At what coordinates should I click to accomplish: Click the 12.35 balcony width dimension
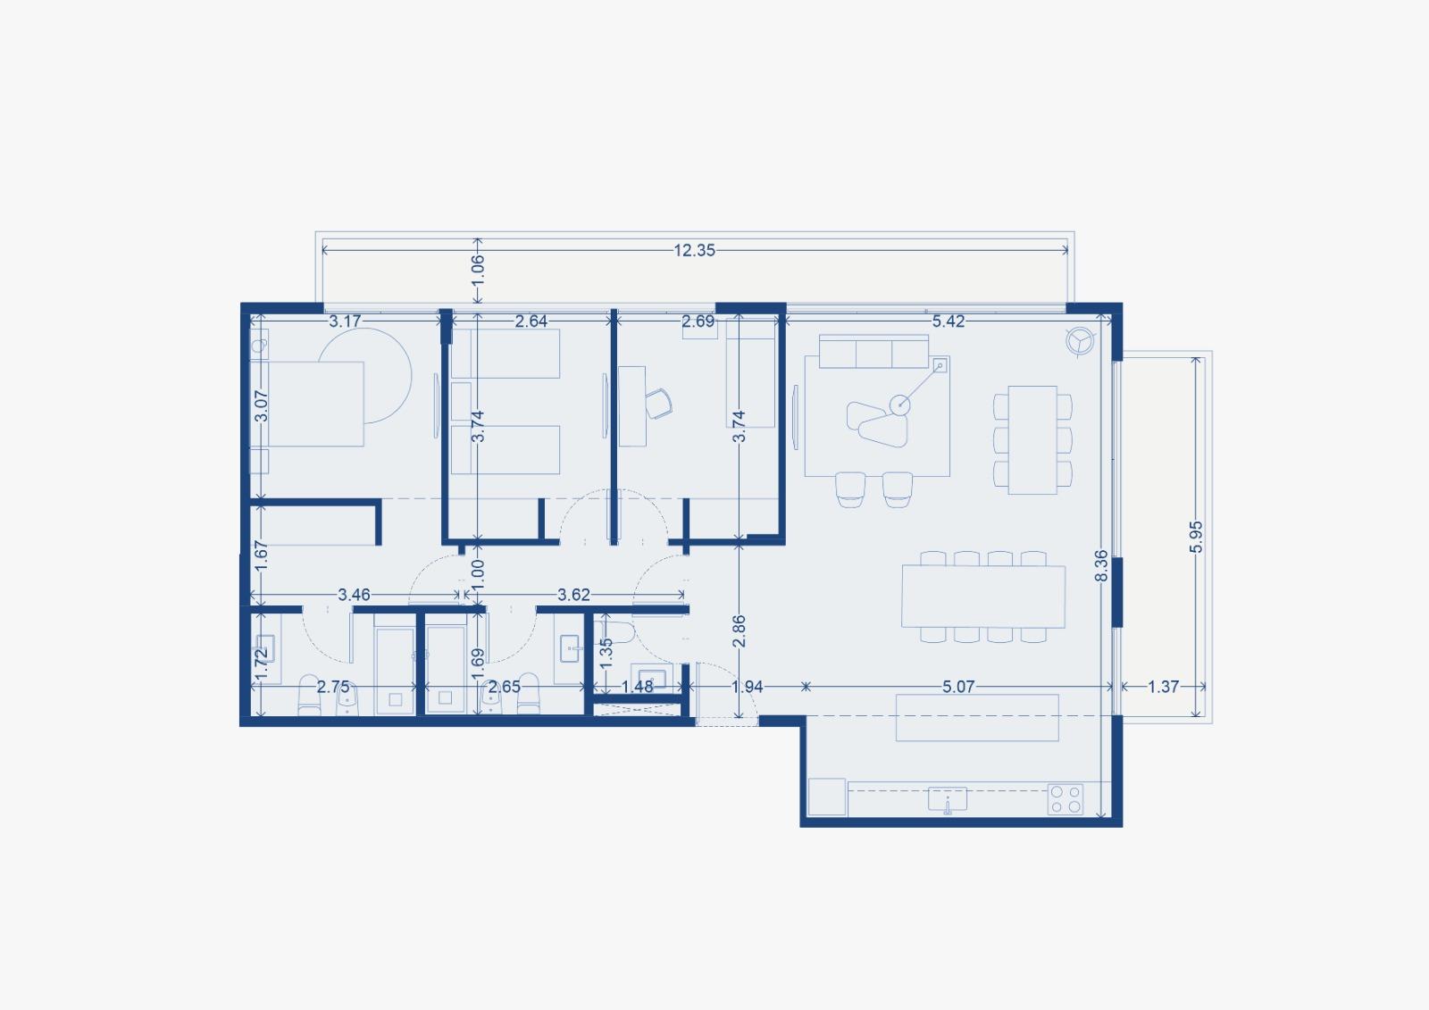[x=694, y=250]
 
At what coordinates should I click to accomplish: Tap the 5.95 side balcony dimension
[x=1197, y=537]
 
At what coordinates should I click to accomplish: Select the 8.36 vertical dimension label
[x=1102, y=566]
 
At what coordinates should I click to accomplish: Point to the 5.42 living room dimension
[x=948, y=321]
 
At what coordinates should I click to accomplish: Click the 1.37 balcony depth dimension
[x=1163, y=687]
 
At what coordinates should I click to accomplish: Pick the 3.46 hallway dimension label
[x=354, y=595]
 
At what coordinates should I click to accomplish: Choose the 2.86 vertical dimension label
[x=739, y=631]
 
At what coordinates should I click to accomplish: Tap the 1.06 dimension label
[x=478, y=270]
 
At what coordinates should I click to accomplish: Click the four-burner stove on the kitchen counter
[x=1065, y=799]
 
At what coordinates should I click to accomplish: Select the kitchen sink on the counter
[x=948, y=799]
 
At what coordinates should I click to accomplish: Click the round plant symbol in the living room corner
[x=1081, y=340]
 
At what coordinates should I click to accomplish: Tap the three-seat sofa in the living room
[x=873, y=352]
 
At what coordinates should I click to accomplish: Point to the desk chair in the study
[x=658, y=404]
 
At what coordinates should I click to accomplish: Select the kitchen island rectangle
[x=977, y=718]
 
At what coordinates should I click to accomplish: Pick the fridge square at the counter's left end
[x=827, y=797]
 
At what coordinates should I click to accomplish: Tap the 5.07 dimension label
[x=958, y=687]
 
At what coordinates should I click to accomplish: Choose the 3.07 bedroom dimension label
[x=261, y=405]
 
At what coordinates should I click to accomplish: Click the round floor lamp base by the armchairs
[x=900, y=404]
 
